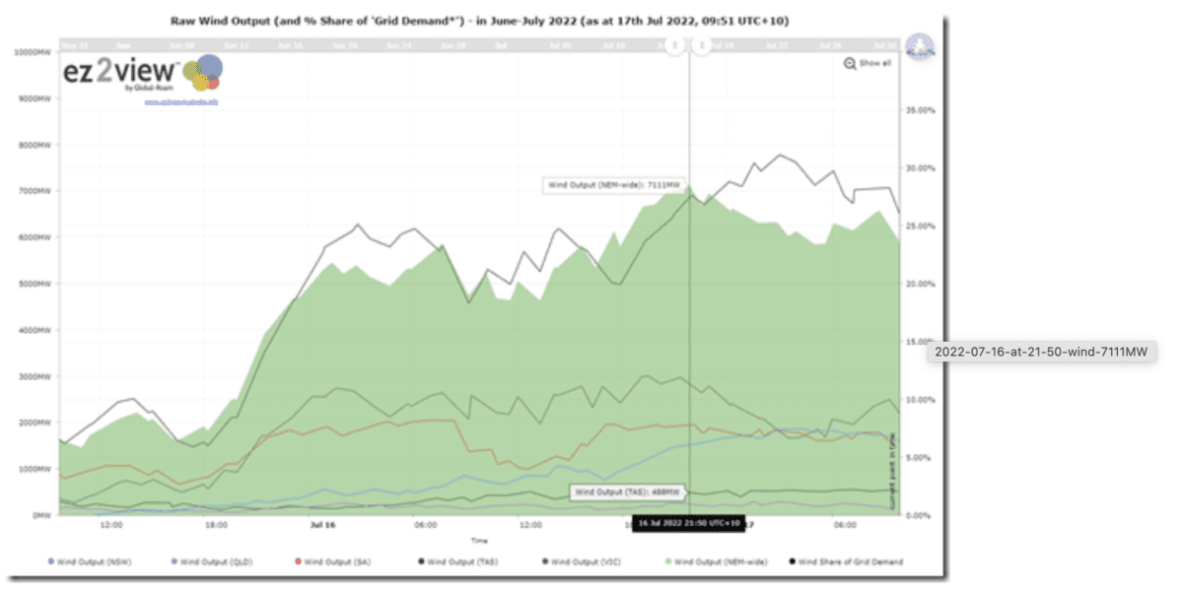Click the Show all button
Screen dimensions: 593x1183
(x=868, y=63)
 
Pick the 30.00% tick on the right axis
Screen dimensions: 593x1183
(x=921, y=167)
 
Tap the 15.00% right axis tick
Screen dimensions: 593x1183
(x=921, y=342)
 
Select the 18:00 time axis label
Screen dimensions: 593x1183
(x=216, y=526)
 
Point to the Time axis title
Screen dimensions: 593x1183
(x=478, y=541)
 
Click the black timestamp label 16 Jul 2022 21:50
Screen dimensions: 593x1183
(x=687, y=523)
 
